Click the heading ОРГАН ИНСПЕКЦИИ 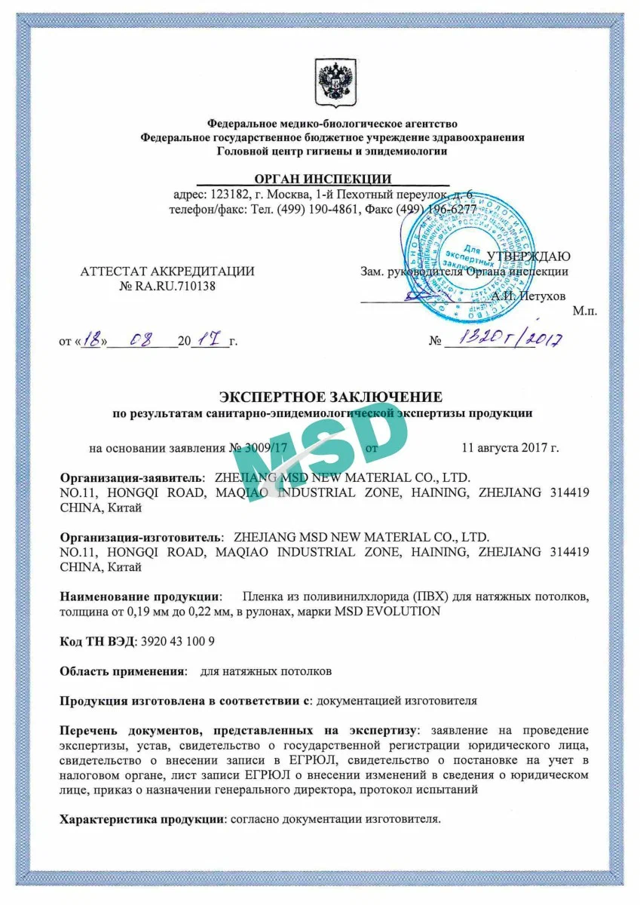(323, 179)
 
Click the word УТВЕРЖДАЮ (528, 256)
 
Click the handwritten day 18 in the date (92, 340)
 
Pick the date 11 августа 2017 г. (510, 447)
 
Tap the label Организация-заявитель (131, 478)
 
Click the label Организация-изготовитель (141, 538)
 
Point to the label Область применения (123, 670)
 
